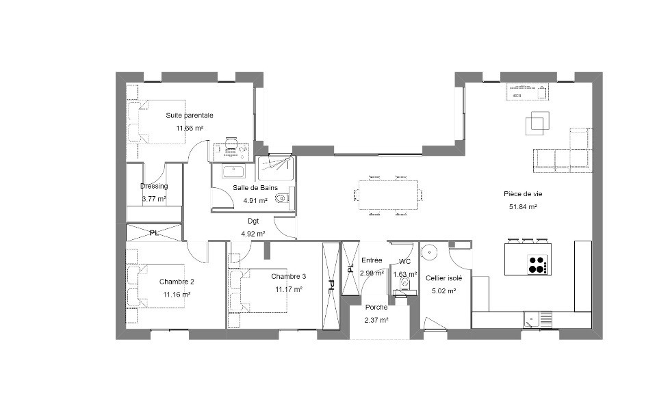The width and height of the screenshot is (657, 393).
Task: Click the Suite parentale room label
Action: click(190, 115)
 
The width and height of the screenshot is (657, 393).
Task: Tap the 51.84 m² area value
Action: click(523, 207)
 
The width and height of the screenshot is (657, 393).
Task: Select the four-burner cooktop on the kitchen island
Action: click(537, 264)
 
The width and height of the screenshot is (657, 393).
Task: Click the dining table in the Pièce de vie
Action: click(389, 195)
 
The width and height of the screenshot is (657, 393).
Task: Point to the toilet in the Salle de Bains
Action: click(283, 197)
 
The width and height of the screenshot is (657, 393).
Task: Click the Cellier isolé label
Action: click(443, 278)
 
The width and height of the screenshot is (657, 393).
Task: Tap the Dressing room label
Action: click(154, 186)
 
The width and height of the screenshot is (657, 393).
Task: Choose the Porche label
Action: click(376, 307)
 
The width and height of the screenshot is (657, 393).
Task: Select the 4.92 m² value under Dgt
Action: click(253, 234)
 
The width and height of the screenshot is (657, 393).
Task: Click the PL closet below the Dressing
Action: click(154, 232)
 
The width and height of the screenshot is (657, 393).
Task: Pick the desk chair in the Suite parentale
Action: click(231, 144)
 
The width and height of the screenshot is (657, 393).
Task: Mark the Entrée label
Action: click(372, 260)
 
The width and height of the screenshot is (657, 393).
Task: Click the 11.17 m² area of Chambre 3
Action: click(289, 289)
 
